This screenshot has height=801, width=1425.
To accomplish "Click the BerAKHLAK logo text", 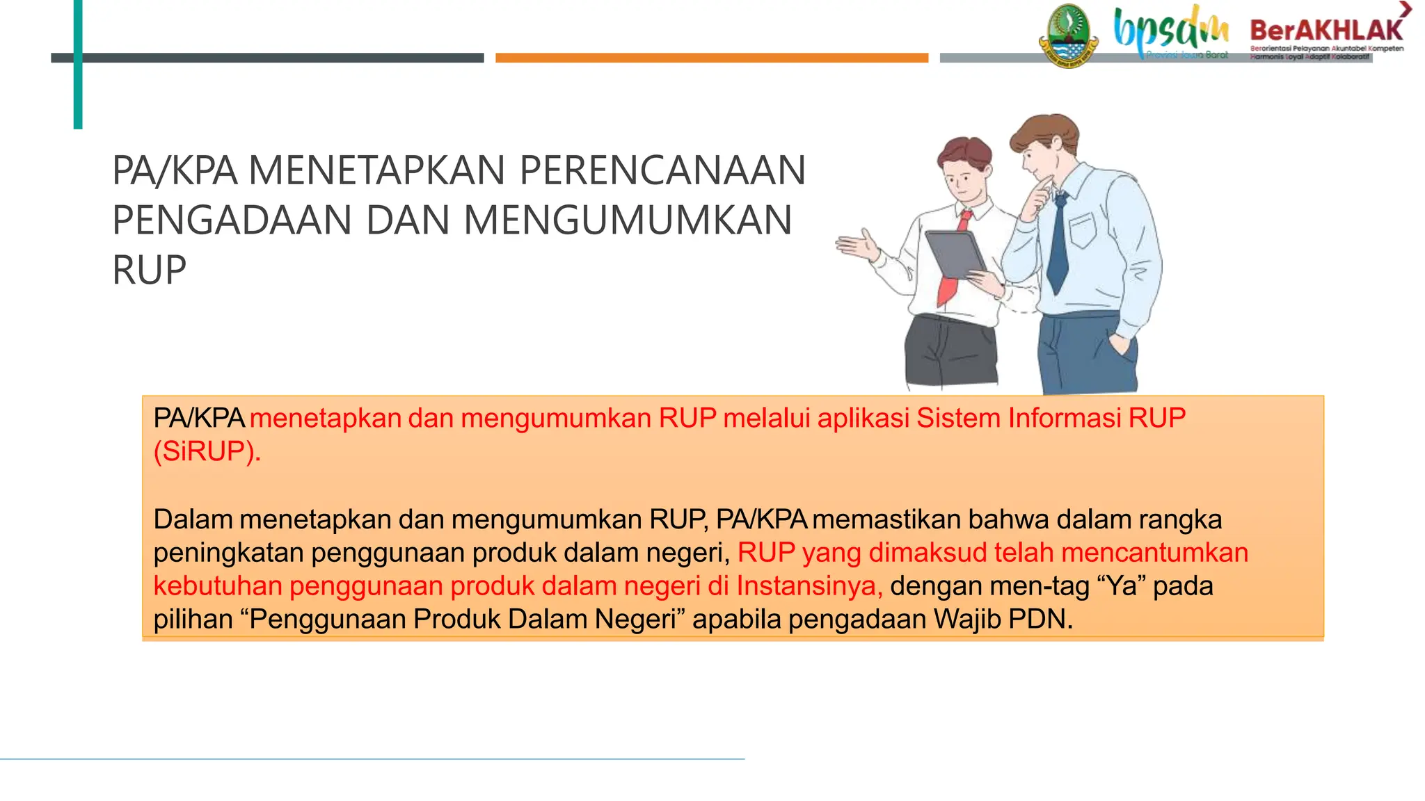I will [1326, 30].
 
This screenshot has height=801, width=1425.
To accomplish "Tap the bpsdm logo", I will [1171, 30].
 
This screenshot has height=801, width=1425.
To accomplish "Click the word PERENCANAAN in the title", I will [662, 170].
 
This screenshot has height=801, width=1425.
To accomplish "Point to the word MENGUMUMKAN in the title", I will [628, 220].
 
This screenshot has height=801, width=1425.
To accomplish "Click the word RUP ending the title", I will [149, 270].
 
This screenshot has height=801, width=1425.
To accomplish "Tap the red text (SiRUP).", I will [207, 451].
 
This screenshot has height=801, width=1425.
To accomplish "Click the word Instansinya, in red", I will [809, 585].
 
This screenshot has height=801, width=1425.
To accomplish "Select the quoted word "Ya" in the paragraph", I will [1121, 585].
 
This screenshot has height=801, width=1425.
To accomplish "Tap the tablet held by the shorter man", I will [955, 254].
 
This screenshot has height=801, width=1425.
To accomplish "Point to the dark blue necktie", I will [1058, 243].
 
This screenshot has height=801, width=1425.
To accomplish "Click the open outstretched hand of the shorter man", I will [857, 246].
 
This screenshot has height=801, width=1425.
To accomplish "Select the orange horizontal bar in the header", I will [711, 58].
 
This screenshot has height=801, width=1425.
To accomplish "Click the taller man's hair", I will [1044, 132].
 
